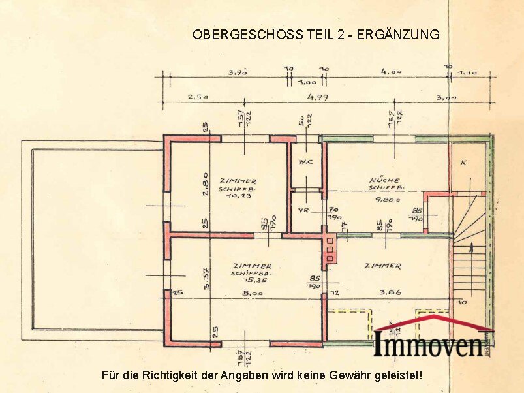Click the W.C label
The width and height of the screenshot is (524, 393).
(305, 161)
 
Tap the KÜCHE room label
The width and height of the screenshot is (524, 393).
(384, 180)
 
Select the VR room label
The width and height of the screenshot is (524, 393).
(303, 211)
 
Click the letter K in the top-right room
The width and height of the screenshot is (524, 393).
(463, 162)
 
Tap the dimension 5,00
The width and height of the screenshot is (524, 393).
(253, 293)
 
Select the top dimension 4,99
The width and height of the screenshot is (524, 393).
(318, 97)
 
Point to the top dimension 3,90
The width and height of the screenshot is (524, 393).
(237, 72)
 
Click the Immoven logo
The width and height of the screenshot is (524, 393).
(431, 339)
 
